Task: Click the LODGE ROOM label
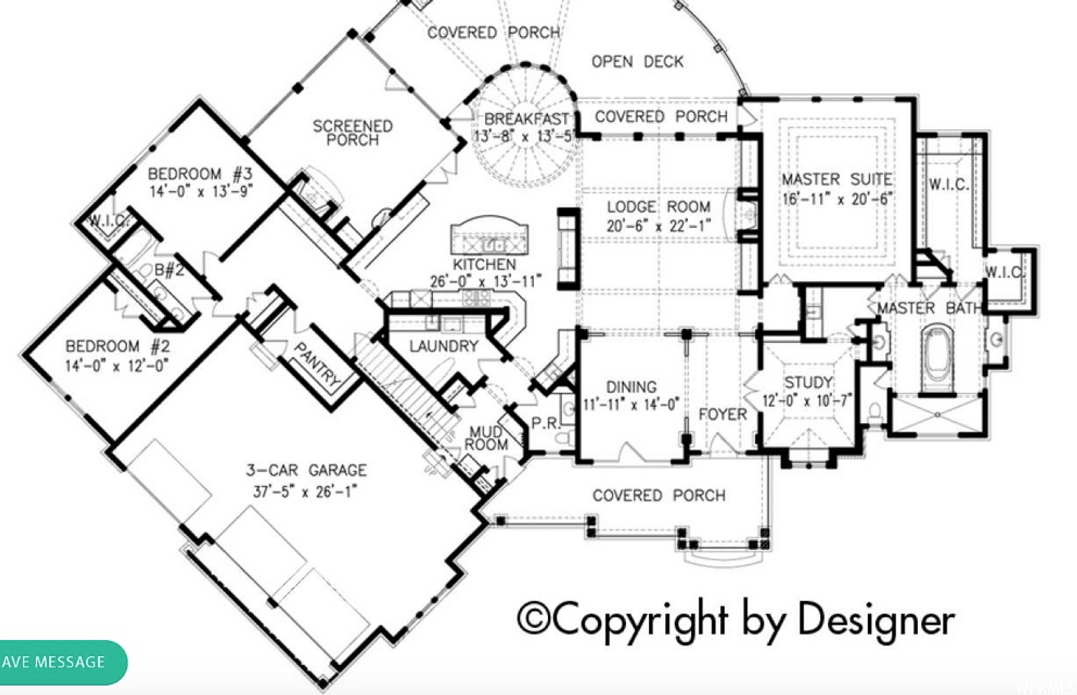coord(658,207)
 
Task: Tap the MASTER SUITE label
coord(837,179)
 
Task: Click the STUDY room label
coord(808,382)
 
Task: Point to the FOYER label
coord(723,414)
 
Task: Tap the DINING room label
coord(631,387)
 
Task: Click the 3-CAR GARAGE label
coord(306,470)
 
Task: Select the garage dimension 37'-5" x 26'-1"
coord(305,492)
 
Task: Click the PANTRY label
coord(317,364)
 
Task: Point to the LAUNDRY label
coord(443,346)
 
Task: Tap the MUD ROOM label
coord(486,438)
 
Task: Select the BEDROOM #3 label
coord(200,173)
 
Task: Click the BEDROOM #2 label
coord(117,346)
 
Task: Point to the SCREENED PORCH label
coord(352,133)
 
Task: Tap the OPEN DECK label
coord(637,62)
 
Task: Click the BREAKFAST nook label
coord(526,119)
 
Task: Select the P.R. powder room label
coord(546,424)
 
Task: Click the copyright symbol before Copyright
coord(533,619)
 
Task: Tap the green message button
coord(63,662)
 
